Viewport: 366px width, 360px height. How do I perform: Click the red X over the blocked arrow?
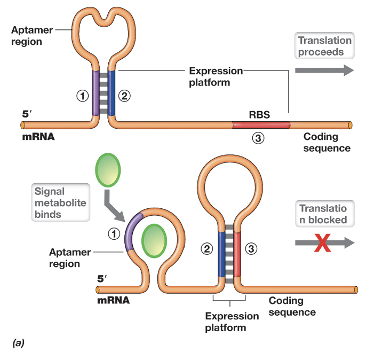pos(321,242)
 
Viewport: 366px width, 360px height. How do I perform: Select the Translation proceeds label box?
pos(324,46)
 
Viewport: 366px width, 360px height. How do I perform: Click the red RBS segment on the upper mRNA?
pos(261,125)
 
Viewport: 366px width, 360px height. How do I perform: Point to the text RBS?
pos(259,114)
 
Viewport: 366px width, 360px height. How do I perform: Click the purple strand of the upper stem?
pos(96,93)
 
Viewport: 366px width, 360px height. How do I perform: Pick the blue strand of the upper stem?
pos(112,93)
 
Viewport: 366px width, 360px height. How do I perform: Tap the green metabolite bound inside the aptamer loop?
pos(155,240)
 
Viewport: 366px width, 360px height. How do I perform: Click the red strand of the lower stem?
pos(237,253)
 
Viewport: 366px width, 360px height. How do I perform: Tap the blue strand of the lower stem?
pos(221,253)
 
